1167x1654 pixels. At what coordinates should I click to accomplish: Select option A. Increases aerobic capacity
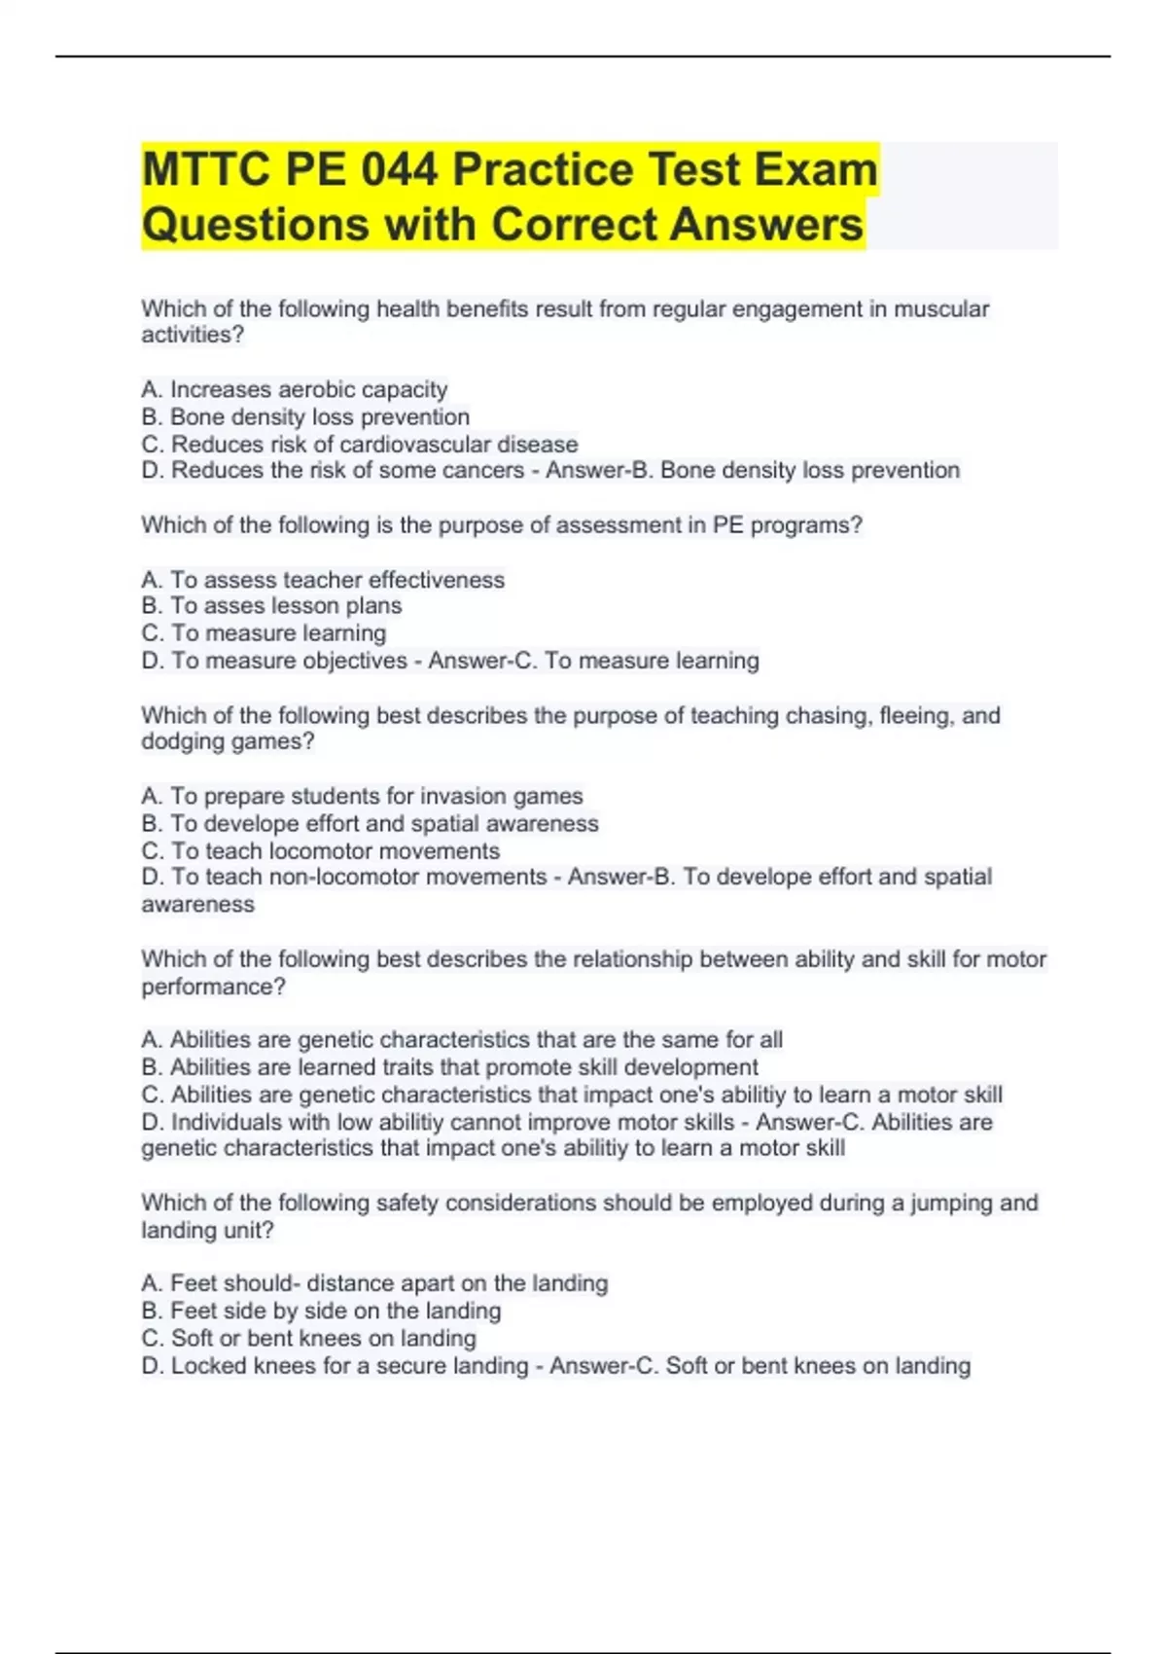click(x=295, y=389)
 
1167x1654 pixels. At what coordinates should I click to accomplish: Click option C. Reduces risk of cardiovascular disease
click(x=360, y=445)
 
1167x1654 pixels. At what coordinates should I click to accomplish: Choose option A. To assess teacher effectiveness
click(x=323, y=580)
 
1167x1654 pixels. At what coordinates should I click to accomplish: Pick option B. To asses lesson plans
click(x=271, y=606)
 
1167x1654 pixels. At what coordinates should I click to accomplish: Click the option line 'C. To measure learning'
click(x=264, y=633)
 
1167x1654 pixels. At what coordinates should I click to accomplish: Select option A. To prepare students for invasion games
click(x=362, y=796)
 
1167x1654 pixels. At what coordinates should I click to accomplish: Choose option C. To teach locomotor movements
click(x=321, y=851)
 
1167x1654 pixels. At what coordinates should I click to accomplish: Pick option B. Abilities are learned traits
click(x=449, y=1067)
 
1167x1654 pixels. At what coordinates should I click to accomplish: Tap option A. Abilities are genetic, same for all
click(x=462, y=1040)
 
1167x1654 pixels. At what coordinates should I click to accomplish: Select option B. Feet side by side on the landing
click(x=321, y=1312)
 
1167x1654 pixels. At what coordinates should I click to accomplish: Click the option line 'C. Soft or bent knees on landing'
click(x=309, y=1339)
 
